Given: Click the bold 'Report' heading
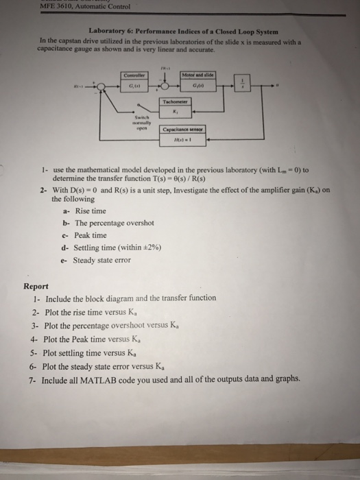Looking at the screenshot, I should point(36,287).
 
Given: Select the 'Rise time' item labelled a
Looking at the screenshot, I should point(90,211).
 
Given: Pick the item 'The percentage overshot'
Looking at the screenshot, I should point(114,224).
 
